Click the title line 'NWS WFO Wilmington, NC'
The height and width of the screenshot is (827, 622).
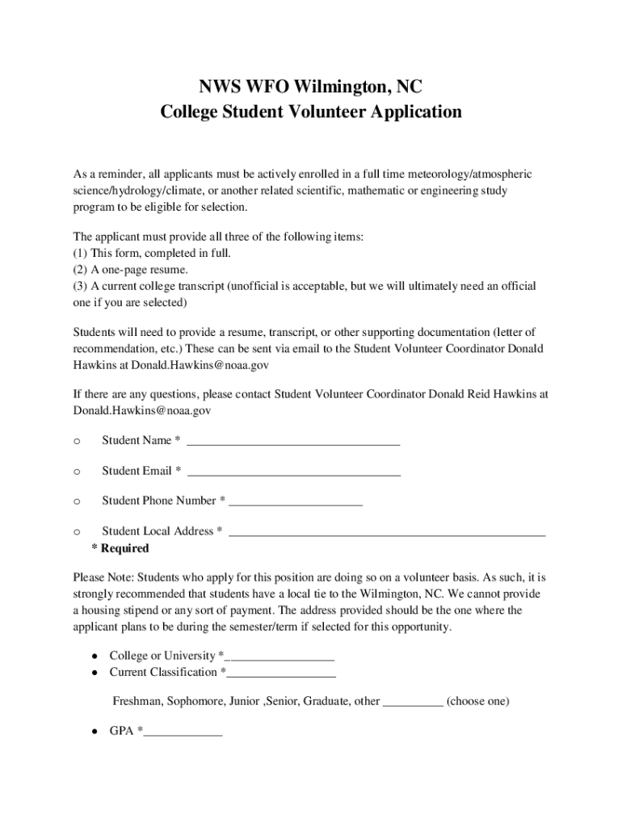(x=311, y=86)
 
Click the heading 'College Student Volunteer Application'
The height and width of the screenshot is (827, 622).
(x=311, y=111)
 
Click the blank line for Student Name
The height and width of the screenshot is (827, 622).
(x=293, y=442)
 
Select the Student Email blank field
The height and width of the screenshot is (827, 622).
(x=293, y=472)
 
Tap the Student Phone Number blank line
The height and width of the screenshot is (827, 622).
(x=296, y=502)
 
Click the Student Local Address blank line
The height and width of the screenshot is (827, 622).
(x=388, y=533)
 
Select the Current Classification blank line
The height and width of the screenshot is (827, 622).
(x=282, y=674)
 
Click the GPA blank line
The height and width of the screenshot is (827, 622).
(x=183, y=733)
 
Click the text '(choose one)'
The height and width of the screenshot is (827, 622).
(x=477, y=701)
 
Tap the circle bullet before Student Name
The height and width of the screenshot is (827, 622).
(x=76, y=441)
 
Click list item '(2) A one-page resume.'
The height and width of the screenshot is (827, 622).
(x=131, y=269)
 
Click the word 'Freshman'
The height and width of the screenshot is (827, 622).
(x=137, y=701)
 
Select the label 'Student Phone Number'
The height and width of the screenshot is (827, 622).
(x=159, y=501)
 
